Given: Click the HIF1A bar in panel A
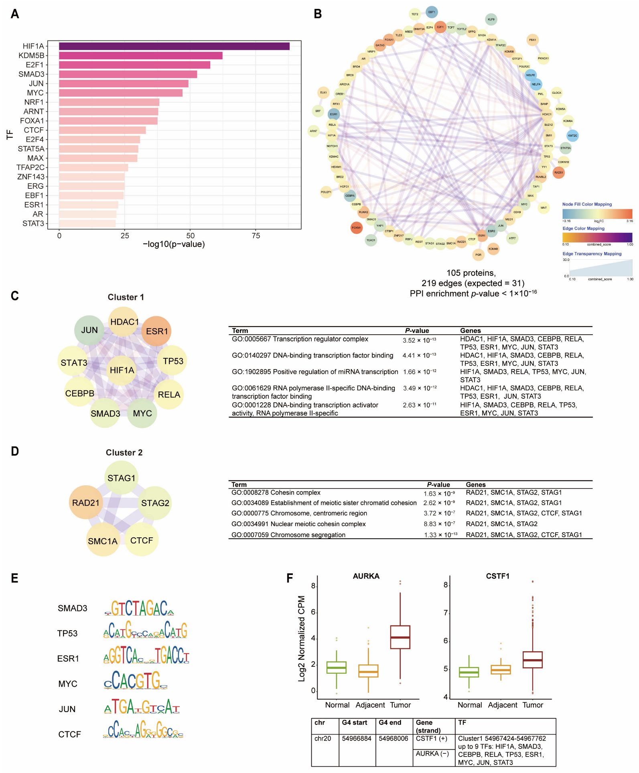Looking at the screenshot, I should [x=174, y=46].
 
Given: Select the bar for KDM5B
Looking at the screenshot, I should [x=140, y=55].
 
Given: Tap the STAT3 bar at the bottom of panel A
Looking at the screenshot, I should [x=87, y=223].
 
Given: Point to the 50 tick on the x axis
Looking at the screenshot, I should [x=190, y=236].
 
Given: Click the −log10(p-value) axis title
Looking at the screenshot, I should [x=174, y=244].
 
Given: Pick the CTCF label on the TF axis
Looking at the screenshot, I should [x=34, y=130].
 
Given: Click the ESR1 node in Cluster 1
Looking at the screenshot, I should [x=157, y=331].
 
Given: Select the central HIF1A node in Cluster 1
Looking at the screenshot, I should [x=122, y=370].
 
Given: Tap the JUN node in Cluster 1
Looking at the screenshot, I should [x=89, y=330].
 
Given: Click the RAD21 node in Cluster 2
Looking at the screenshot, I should [x=85, y=503].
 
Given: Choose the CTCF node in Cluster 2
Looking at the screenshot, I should [x=142, y=540].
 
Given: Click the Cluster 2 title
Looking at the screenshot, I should [x=124, y=452].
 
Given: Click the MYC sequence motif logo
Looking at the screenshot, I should [x=136, y=681].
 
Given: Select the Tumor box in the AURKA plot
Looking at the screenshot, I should [x=400, y=637].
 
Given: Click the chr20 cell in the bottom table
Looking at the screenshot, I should [x=323, y=738].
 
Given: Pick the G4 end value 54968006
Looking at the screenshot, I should [x=393, y=738].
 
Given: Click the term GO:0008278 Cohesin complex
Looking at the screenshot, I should [x=276, y=492].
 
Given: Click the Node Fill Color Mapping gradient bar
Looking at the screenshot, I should [x=597, y=213].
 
